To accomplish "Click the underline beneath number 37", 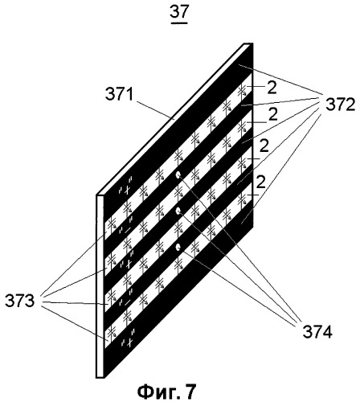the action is (x=179, y=23).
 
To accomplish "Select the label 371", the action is (x=120, y=95).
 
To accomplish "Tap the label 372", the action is (x=341, y=106).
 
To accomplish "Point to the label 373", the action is (x=20, y=301).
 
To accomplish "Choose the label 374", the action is (x=317, y=332).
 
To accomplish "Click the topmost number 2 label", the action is (x=272, y=88).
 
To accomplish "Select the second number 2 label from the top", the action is (x=272, y=116).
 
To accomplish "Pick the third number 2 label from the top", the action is (x=264, y=146).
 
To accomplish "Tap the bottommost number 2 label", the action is (x=260, y=182).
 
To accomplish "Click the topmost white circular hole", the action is (x=178, y=175).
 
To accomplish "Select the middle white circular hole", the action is (x=177, y=211).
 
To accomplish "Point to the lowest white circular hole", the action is (x=177, y=248).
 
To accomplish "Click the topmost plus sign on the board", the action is (x=128, y=190).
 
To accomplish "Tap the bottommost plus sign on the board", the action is (x=129, y=343).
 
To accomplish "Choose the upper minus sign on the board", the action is (x=128, y=230).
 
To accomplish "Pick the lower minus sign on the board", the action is (x=128, y=302).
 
